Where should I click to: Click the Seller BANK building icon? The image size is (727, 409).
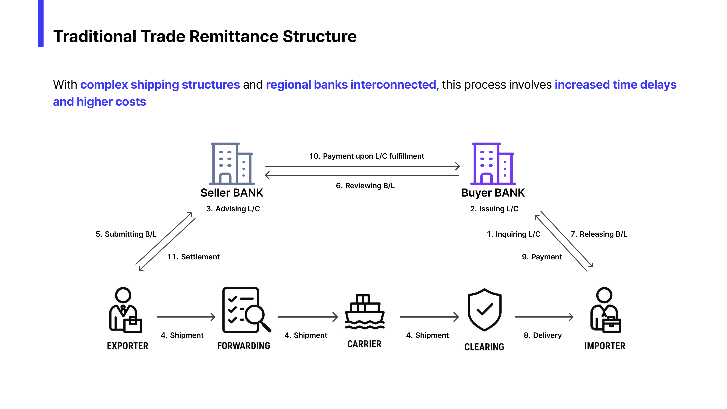232,164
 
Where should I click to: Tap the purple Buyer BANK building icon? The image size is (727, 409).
493,164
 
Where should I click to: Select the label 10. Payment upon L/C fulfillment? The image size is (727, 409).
366,156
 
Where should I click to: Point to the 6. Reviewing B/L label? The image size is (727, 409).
365,186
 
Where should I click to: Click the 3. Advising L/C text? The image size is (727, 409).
233,209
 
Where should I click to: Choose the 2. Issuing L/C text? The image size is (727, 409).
494,209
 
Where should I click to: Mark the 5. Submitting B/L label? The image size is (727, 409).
126,234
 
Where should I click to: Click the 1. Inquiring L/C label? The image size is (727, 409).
513,234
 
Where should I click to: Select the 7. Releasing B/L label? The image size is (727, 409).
599,234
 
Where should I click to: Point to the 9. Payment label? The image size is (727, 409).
542,257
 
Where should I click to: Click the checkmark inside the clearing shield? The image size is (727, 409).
485,309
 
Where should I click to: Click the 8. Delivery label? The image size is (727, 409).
542,335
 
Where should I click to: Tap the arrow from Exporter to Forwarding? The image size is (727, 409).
186,317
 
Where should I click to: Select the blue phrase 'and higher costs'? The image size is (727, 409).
100,102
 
